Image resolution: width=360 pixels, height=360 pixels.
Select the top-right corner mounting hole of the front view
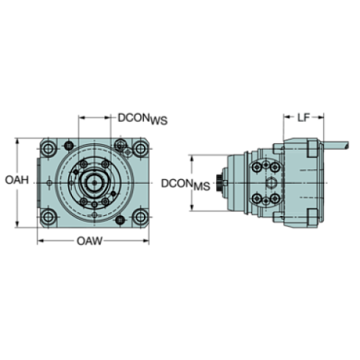click(138, 148)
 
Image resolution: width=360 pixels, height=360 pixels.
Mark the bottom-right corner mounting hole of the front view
click(138, 216)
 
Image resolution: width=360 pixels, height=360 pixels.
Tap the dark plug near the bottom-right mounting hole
click(121, 220)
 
